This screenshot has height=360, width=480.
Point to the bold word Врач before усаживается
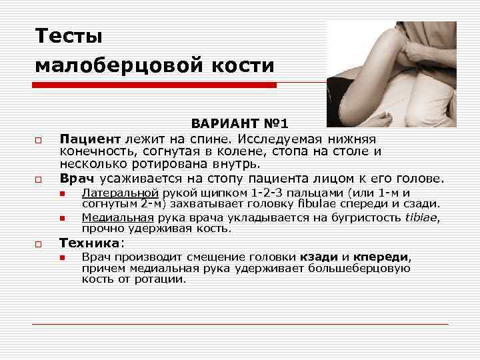pos(77,178)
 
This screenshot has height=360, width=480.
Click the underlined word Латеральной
pos(119,193)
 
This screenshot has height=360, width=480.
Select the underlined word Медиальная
pos(117,217)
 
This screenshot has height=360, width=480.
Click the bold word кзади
pos(320,257)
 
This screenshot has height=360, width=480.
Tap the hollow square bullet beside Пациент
pos(39,140)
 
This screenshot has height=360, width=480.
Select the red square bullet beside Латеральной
pos(61,194)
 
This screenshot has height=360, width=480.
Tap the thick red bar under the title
pos(155,85)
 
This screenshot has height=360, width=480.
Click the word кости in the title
pos(250,65)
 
